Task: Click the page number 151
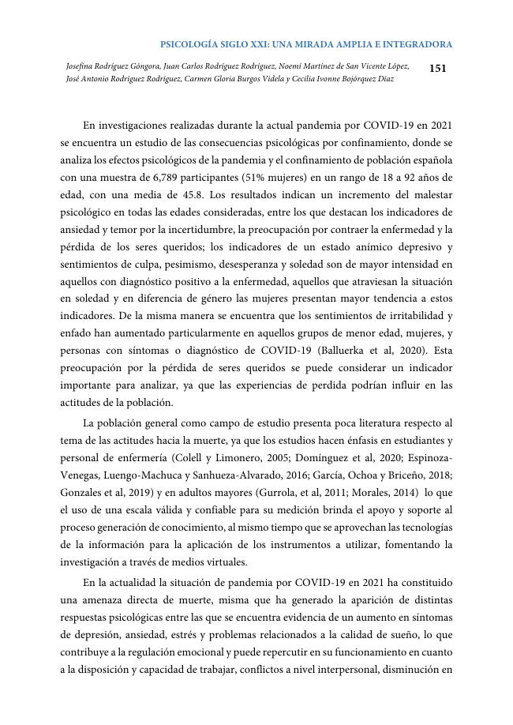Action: tap(437, 69)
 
